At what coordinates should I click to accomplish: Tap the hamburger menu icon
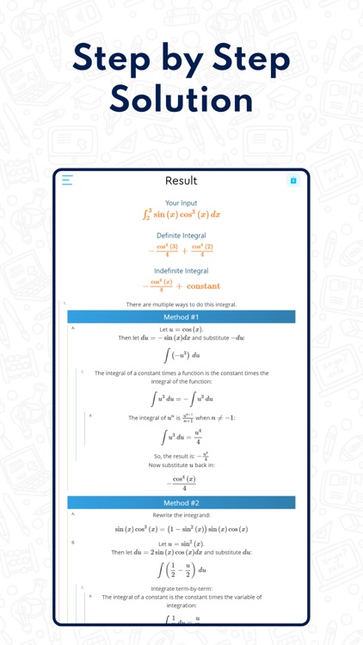(67, 181)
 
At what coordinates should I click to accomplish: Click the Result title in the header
(181, 181)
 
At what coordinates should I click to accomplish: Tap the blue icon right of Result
(293, 181)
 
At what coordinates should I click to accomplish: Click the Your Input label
(181, 203)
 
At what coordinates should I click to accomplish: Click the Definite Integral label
(181, 235)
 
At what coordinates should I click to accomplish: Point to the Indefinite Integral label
(181, 271)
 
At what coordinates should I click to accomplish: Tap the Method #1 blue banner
(181, 317)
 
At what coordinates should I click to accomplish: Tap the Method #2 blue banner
(181, 502)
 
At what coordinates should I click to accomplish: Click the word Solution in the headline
(181, 99)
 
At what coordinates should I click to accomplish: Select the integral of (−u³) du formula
(181, 354)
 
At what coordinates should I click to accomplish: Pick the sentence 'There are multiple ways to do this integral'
(181, 304)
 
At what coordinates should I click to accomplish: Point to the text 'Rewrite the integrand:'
(181, 514)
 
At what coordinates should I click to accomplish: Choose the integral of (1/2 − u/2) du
(181, 569)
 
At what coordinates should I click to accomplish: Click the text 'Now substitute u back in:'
(181, 464)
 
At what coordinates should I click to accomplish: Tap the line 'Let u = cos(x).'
(181, 329)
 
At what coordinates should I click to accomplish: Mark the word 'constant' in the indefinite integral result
(203, 286)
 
